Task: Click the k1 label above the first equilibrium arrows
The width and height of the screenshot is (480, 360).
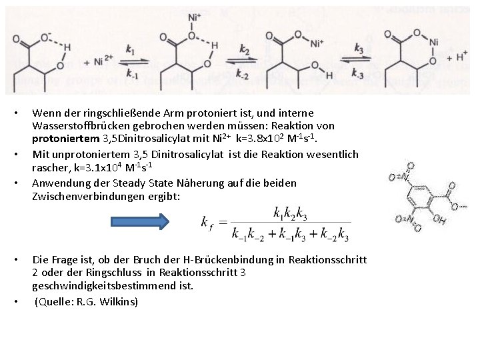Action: point(130,51)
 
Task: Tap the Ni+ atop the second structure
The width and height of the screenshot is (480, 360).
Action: point(194,17)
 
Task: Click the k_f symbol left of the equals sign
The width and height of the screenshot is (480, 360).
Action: point(207,223)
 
